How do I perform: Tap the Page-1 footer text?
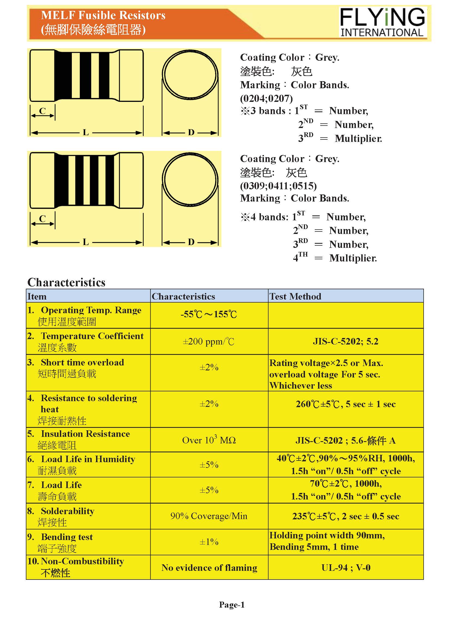point(232,605)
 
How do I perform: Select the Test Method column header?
point(295,296)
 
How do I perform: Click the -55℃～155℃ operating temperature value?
point(209,314)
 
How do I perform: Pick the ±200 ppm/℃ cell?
point(209,341)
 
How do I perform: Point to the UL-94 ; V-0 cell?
point(346,568)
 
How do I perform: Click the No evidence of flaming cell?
point(209,568)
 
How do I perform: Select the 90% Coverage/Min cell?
point(209,516)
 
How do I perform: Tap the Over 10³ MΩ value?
point(209,440)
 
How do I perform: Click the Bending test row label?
point(67,537)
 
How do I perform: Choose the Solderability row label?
point(68,511)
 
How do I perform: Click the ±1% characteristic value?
point(209,542)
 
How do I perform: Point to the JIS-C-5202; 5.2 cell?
point(346,341)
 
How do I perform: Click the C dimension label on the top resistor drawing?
point(42,111)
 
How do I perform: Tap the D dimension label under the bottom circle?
point(191,242)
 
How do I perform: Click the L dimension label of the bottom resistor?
point(86,242)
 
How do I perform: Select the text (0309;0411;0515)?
point(278,186)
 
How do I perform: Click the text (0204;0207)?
point(266,98)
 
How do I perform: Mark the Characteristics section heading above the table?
point(66,282)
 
